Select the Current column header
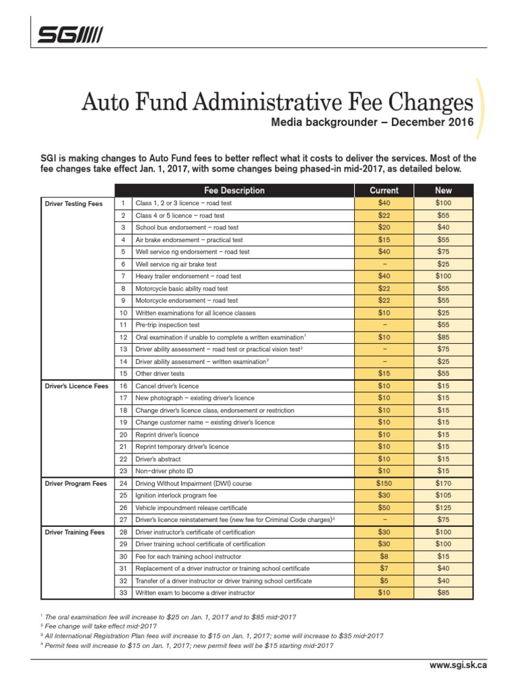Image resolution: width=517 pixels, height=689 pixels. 384,190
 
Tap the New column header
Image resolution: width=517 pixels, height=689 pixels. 443,190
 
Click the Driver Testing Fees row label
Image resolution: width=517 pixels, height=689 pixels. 73,204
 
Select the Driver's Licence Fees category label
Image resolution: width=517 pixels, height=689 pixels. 76,386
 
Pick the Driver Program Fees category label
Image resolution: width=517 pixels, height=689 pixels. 75,483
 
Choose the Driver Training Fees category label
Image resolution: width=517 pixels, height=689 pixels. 75,532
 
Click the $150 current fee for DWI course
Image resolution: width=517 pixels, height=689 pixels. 384,483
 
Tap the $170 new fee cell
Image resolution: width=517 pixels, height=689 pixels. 443,483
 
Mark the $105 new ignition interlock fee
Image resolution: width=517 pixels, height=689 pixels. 443,495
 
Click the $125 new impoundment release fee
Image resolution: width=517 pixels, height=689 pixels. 443,507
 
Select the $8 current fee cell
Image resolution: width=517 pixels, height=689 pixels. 384,556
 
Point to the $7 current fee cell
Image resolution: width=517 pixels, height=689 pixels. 384,568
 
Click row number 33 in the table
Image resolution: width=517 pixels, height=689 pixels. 123,592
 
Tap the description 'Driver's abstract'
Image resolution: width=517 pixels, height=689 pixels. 160,459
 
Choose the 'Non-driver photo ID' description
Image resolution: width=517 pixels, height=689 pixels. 166,471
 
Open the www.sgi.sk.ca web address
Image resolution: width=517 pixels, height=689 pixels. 458,664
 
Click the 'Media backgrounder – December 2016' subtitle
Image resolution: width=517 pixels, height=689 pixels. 372,123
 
